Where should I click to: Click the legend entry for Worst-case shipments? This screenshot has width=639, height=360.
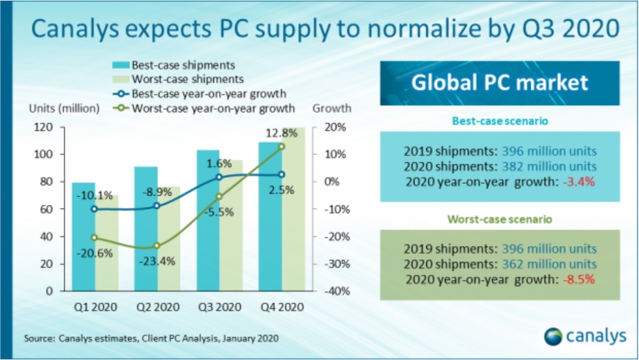187,79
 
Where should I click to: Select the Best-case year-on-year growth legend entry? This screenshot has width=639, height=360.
209,94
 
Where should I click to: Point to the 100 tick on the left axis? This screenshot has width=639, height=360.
43,154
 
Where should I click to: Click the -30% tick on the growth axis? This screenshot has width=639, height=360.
337,264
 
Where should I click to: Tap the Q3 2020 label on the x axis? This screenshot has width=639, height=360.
220,307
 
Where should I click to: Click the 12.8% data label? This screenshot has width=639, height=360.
282,133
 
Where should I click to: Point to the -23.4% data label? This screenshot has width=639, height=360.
157,261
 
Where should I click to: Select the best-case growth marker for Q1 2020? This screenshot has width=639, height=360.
94,209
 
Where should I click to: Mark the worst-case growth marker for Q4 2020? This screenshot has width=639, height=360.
282,147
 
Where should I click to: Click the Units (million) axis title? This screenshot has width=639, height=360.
64,109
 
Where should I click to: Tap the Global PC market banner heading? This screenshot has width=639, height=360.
499,83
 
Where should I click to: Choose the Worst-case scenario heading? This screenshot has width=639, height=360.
499,219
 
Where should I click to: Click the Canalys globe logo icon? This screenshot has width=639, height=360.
553,337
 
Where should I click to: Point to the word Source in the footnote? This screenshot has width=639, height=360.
39,339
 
